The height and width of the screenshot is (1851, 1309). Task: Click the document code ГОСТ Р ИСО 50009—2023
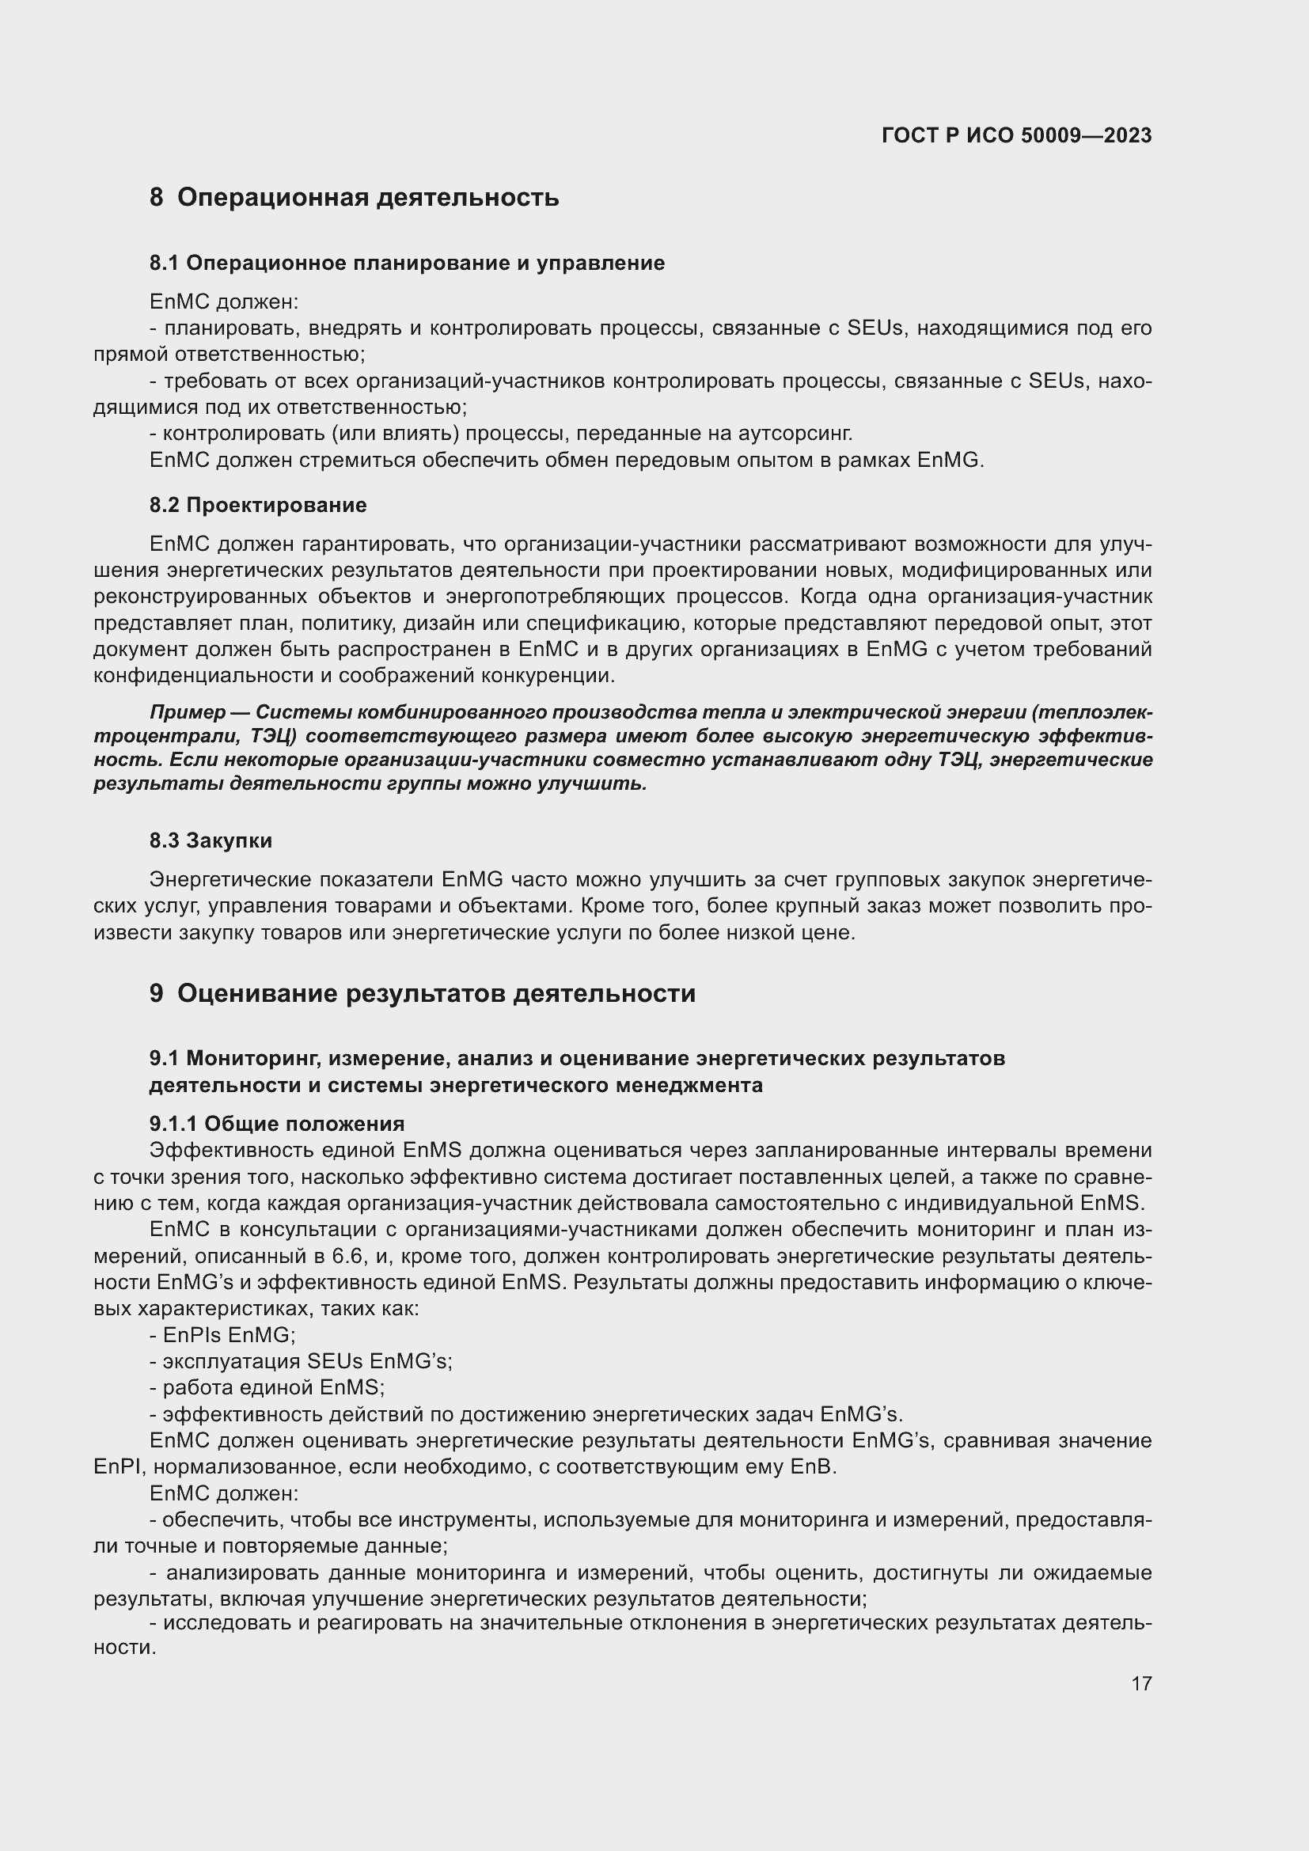click(1016, 135)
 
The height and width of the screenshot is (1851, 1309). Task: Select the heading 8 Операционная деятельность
click(354, 198)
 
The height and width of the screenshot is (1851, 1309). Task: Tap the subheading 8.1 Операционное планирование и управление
click(407, 263)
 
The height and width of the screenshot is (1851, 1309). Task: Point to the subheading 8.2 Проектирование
click(258, 506)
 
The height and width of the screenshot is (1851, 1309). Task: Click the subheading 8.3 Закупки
click(211, 841)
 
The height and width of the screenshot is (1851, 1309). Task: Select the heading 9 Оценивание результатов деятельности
click(423, 993)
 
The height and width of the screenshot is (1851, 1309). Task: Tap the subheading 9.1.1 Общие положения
click(276, 1124)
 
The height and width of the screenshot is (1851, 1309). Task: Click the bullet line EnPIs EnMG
click(223, 1335)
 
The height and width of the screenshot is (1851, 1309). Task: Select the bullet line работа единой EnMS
click(267, 1387)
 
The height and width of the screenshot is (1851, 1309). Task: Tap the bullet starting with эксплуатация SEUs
click(302, 1362)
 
